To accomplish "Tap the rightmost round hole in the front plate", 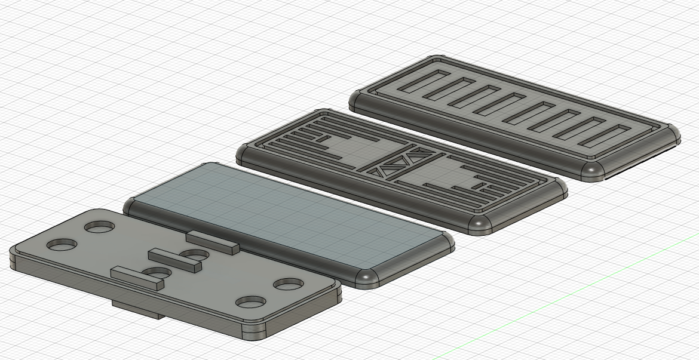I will pyautogui.click(x=289, y=284).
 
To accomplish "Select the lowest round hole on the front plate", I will pyautogui.click(x=250, y=301).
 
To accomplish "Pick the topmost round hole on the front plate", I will pyautogui.click(x=100, y=227).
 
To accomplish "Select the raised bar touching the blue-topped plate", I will pyautogui.click(x=212, y=241).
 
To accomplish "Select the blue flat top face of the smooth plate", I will pyautogui.click(x=287, y=221).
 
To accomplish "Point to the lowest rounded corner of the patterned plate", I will pyautogui.click(x=482, y=225).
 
